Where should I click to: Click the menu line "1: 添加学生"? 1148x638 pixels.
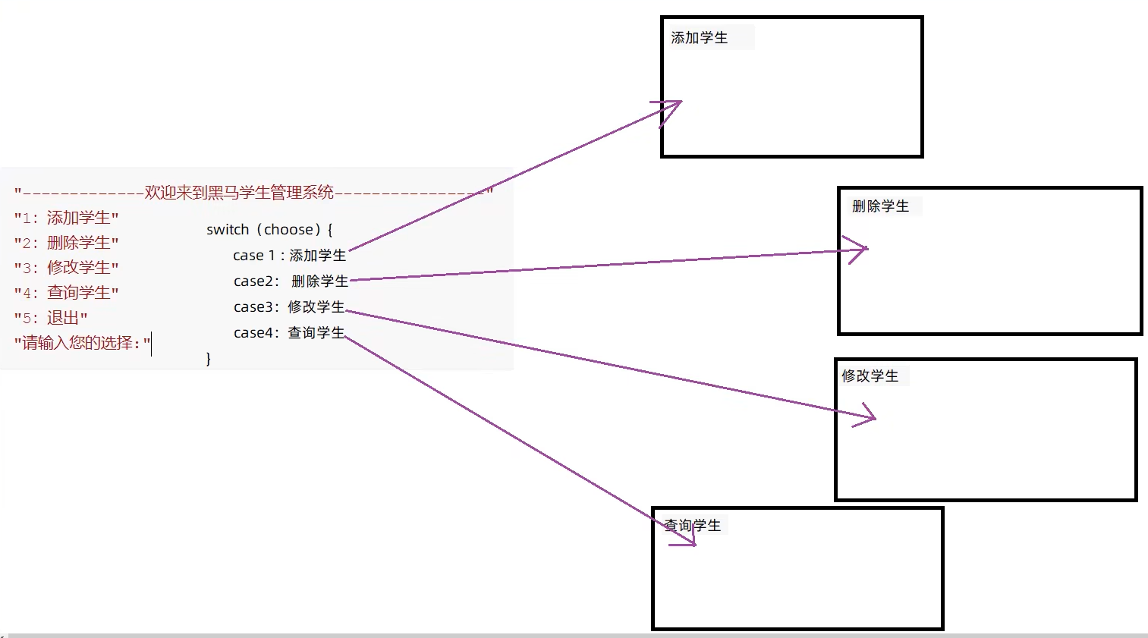coord(66,218)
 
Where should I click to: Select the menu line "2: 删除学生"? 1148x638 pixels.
coord(66,244)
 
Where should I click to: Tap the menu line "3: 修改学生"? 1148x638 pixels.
coord(66,268)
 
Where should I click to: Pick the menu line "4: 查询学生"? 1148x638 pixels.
coord(66,293)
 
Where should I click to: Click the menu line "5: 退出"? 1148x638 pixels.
coord(51,318)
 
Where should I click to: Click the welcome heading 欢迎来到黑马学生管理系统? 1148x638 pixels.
coord(239,193)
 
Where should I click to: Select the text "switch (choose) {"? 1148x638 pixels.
coord(269,230)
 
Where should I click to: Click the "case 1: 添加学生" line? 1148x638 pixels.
coord(289,256)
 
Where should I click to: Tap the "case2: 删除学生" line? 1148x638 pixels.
coord(291,281)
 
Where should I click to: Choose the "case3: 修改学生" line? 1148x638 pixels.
coord(289,307)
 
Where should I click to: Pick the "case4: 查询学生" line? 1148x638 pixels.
coord(289,333)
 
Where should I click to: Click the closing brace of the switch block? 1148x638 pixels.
coord(209,358)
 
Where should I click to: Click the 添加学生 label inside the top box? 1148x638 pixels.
coord(699,38)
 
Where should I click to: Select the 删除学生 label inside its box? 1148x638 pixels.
coord(880,206)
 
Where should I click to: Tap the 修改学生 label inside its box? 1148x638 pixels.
coord(870,376)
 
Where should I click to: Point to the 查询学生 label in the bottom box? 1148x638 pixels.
coord(693,525)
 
